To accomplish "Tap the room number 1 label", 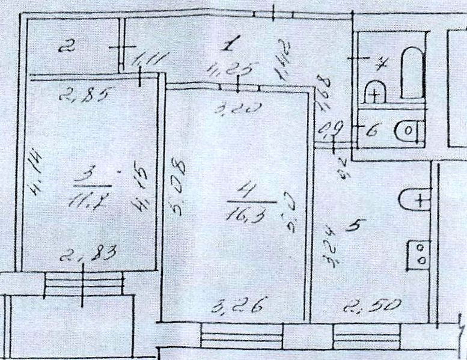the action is pyautogui.click(x=231, y=43).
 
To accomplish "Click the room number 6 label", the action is pyautogui.click(x=370, y=129).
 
